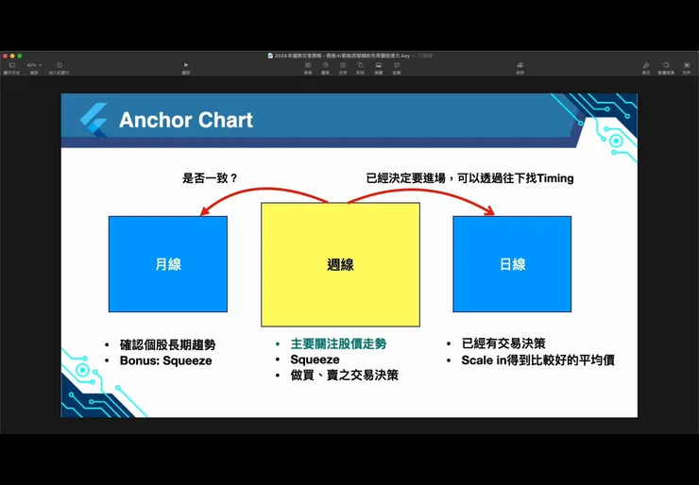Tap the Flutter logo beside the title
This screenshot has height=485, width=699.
pyautogui.click(x=94, y=121)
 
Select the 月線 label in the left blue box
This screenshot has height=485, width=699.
pyautogui.click(x=168, y=265)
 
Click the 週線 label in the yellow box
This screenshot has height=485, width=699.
pyautogui.click(x=340, y=265)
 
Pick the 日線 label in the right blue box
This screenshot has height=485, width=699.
pyautogui.click(x=512, y=265)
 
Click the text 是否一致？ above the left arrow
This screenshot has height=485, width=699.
pyautogui.click(x=210, y=177)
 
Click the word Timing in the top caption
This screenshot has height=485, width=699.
pyautogui.click(x=554, y=177)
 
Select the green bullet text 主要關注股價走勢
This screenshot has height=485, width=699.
pyautogui.click(x=338, y=344)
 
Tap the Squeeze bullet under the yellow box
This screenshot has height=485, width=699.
pyautogui.click(x=315, y=360)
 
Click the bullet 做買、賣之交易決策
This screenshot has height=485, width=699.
pyautogui.click(x=344, y=376)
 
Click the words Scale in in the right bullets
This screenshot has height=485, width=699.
pyautogui.click(x=484, y=360)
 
